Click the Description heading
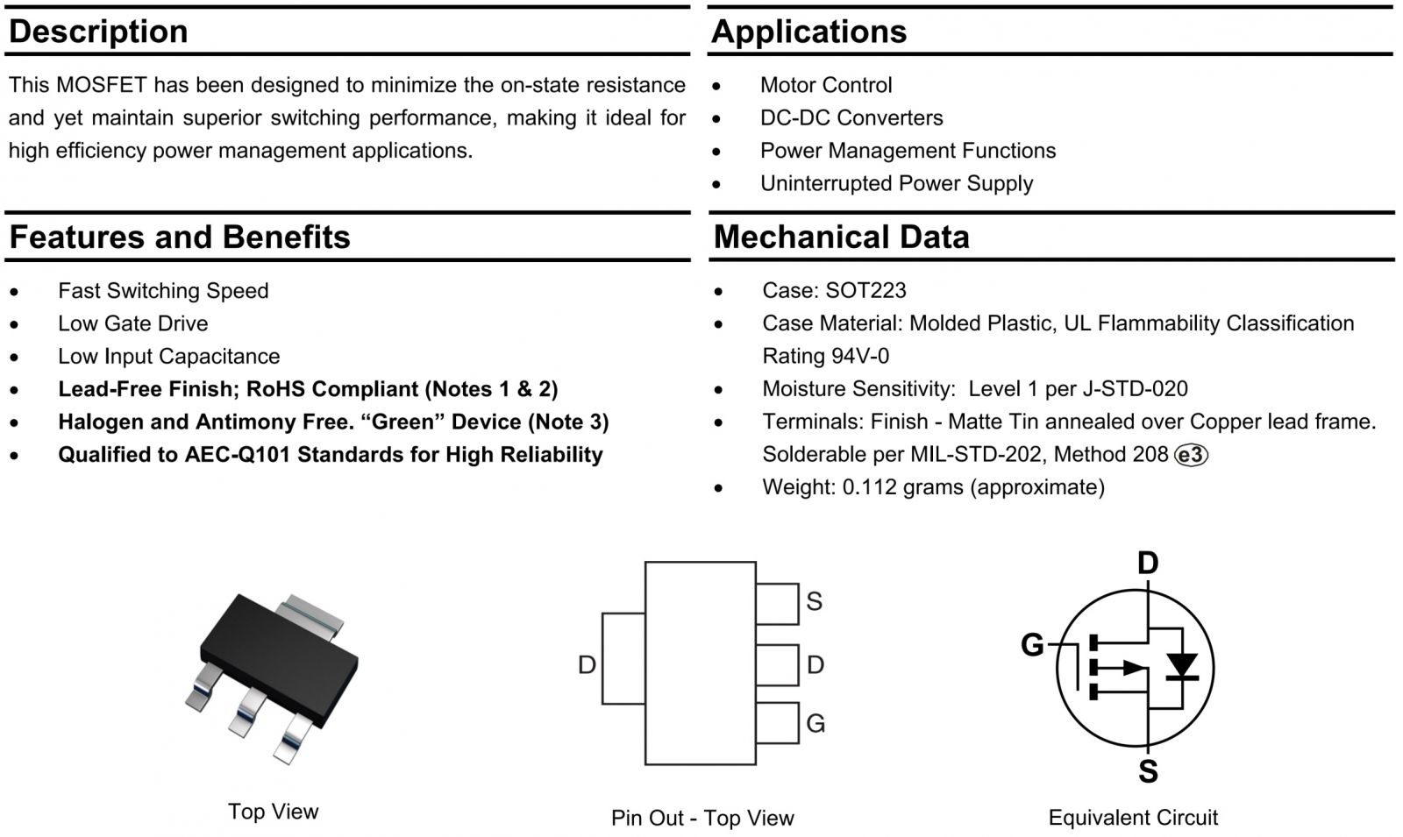[98, 32]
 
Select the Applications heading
[808, 32]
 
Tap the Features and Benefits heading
[180, 238]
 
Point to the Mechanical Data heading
[841, 238]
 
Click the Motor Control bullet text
[825, 85]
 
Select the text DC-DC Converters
[851, 117]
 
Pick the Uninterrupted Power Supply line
[895, 183]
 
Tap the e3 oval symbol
[1191, 455]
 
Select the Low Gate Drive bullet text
[132, 323]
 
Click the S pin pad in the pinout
[777, 603]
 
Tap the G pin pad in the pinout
[777, 722]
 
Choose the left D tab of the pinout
[623, 658]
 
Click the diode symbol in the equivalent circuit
[1184, 667]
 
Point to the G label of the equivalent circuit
[1032, 645]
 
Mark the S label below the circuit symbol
[1148, 772]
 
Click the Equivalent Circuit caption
[1132, 818]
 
